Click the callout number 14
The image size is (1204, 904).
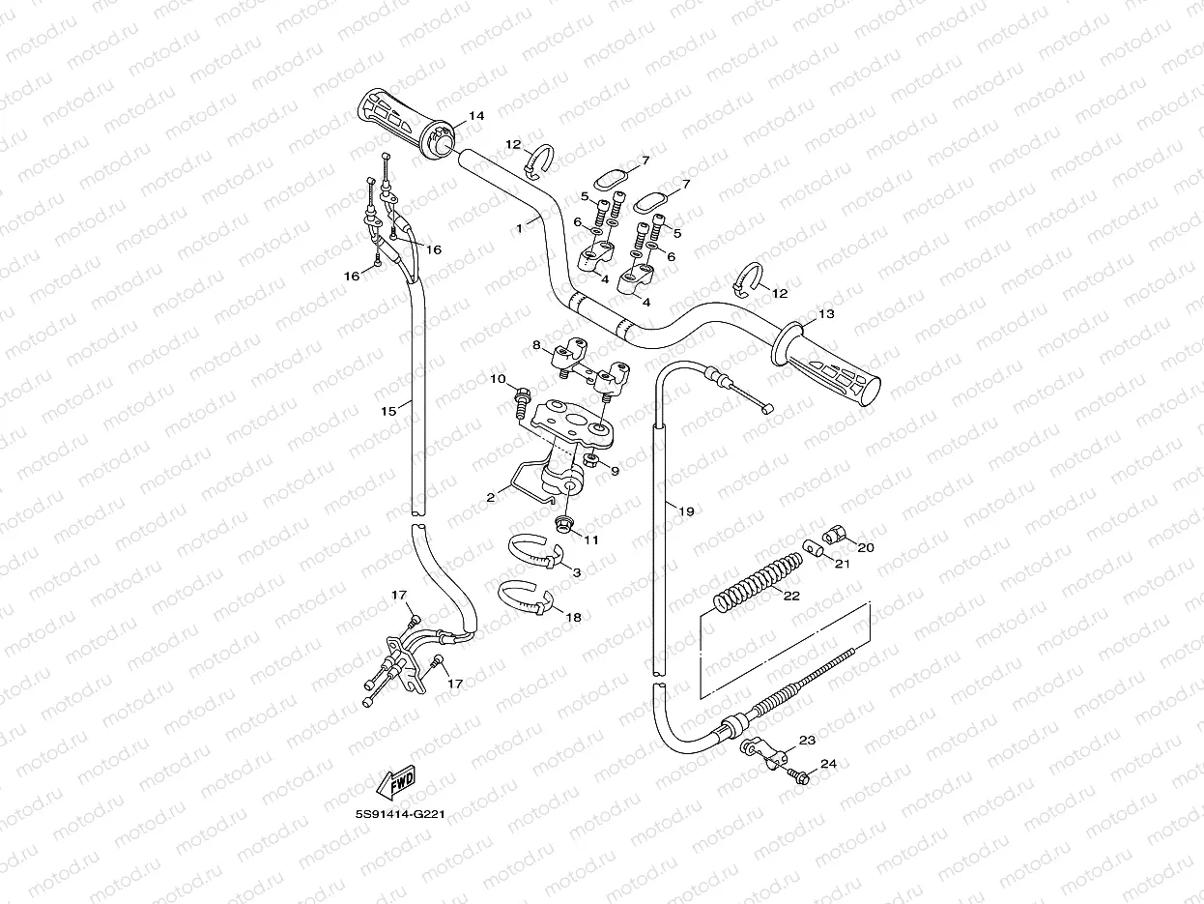click(475, 116)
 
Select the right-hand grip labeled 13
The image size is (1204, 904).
click(829, 366)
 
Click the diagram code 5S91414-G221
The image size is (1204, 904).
click(398, 814)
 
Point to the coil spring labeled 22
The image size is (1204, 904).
click(760, 581)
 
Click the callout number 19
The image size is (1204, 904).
click(686, 511)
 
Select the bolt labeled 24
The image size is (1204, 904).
click(801, 775)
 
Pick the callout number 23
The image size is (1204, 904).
click(808, 740)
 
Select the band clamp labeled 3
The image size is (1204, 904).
click(536, 552)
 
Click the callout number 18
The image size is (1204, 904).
click(573, 616)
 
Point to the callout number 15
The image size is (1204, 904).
click(388, 411)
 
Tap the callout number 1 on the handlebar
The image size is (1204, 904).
click(520, 227)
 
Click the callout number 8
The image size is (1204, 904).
click(536, 344)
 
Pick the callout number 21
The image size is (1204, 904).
click(842, 564)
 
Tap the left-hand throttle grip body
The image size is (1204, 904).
click(396, 118)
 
